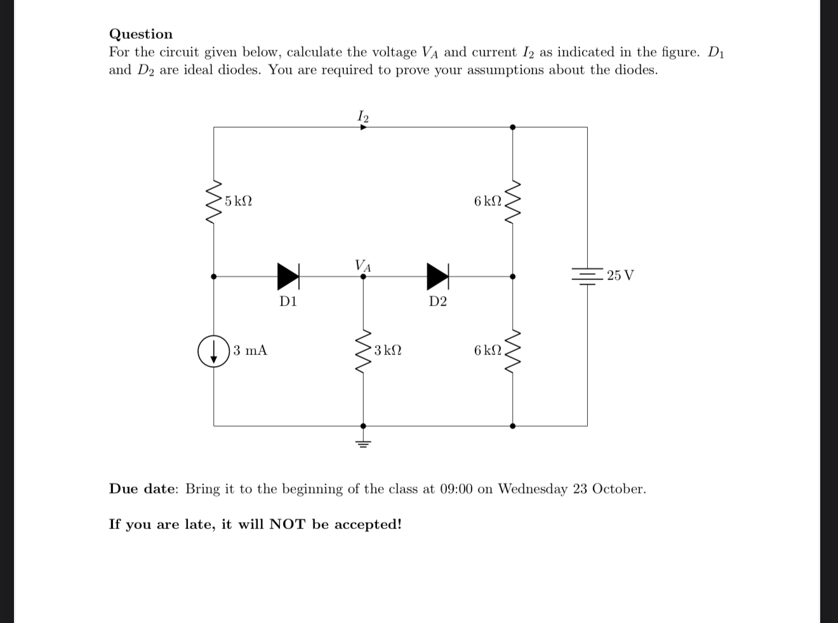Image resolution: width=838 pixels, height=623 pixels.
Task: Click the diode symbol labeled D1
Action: pos(288,276)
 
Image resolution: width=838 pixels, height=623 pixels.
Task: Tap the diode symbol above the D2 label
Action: pos(437,276)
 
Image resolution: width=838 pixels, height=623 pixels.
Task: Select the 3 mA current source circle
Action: pos(213,351)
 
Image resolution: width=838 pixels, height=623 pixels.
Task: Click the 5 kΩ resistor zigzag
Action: pos(213,201)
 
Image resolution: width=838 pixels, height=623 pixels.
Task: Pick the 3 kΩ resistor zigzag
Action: pos(363,351)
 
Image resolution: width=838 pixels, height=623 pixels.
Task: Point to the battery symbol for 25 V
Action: pos(587,276)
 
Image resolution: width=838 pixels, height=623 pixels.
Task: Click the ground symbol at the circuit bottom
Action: pos(363,442)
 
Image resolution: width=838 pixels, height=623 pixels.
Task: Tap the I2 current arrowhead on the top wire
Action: pos(363,127)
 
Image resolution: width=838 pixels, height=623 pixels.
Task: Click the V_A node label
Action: pos(363,265)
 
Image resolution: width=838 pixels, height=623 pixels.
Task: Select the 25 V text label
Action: pos(620,276)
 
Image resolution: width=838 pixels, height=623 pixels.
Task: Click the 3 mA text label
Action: pos(250,351)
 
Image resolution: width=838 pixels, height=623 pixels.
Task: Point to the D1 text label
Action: pos(288,302)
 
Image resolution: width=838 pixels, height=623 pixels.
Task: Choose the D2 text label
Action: pos(437,302)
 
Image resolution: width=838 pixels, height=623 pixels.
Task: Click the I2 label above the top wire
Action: pos(363,116)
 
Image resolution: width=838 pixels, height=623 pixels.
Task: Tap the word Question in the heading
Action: pos(141,34)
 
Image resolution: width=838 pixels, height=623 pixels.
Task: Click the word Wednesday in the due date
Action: pos(533,489)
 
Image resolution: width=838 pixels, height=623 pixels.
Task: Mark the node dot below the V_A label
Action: pos(363,277)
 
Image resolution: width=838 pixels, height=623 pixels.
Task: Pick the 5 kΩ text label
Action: pos(238,201)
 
